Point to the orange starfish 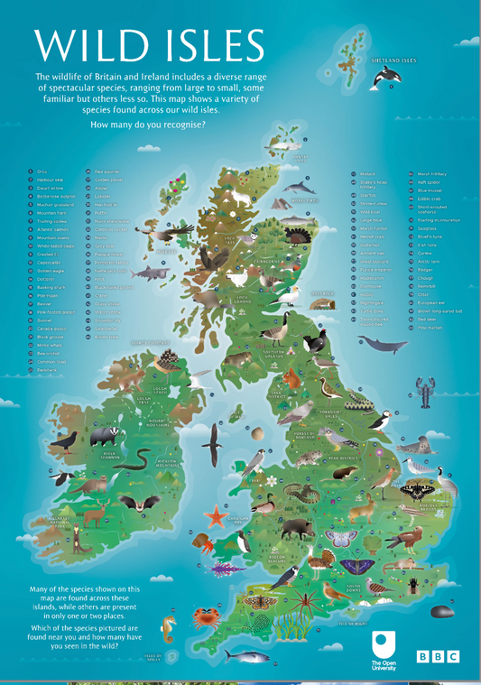tap(215, 517)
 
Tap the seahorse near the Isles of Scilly tap(166, 626)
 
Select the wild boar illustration tap(295, 529)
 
